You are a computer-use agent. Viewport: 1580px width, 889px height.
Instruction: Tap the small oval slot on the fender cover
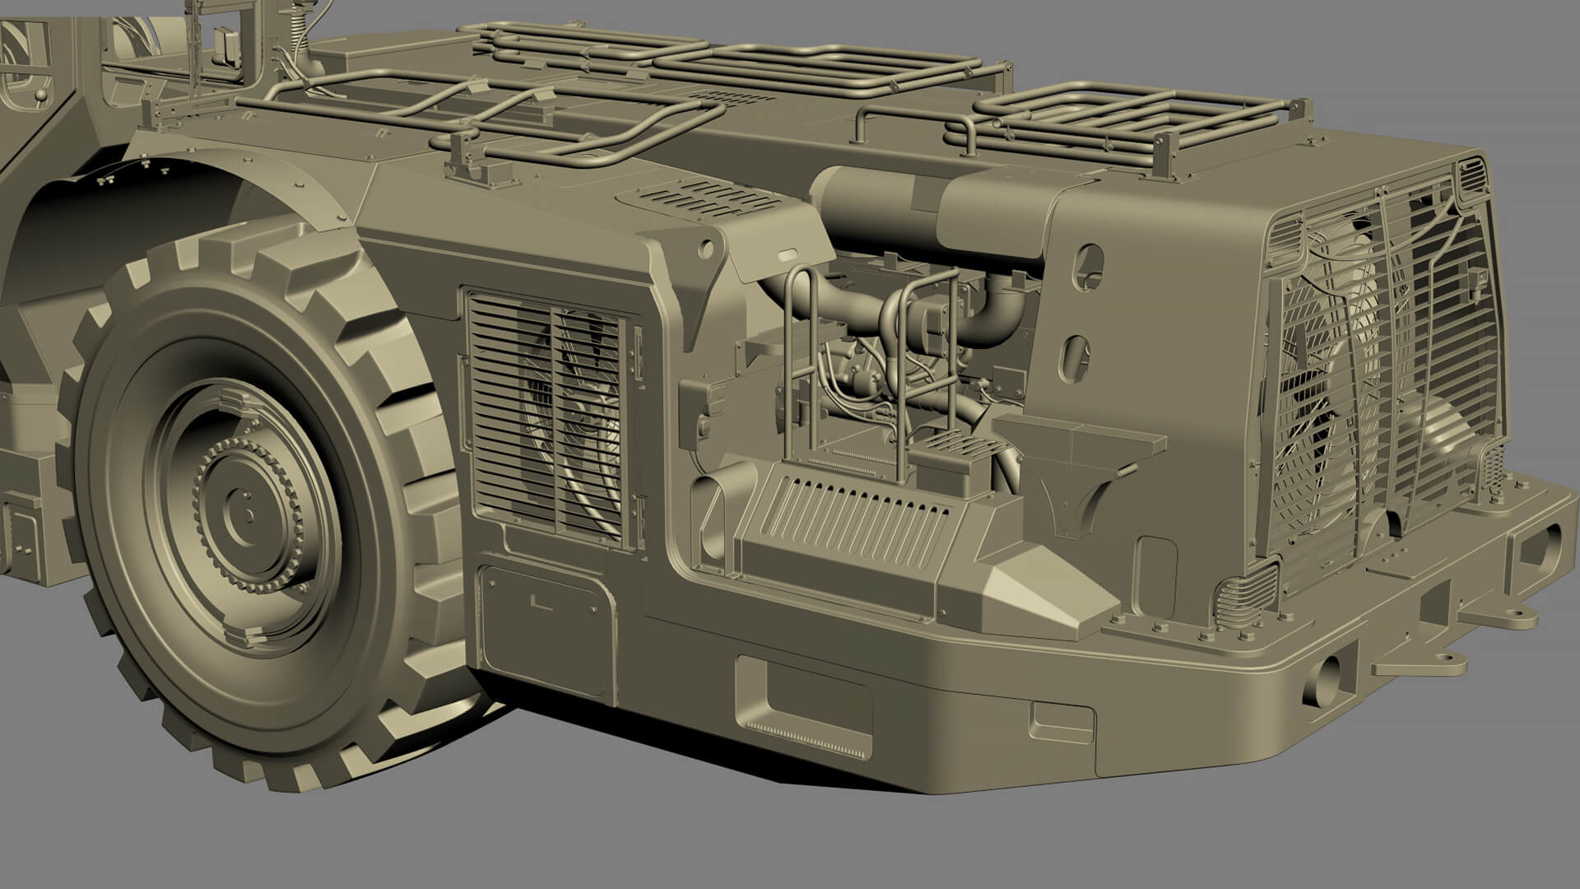[x=785, y=255]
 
